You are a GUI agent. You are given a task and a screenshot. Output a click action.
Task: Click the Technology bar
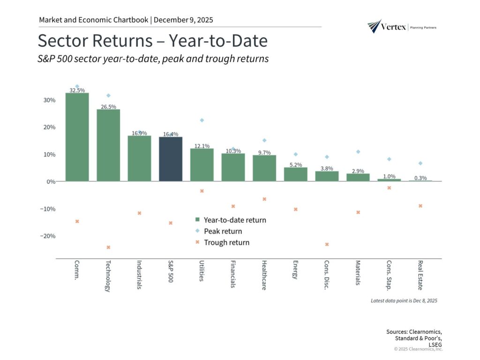[108, 145]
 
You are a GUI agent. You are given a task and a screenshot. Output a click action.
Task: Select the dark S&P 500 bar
[171, 159]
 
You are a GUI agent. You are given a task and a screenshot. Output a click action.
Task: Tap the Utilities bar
[202, 165]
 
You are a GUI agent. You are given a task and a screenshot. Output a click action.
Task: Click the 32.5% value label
[77, 90]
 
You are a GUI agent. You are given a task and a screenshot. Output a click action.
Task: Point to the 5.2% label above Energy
[295, 165]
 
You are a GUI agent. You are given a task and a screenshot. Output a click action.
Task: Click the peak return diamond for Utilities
[202, 120]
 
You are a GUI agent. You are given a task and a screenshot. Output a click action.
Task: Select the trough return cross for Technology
[108, 247]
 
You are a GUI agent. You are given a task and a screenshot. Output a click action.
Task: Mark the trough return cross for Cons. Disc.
[327, 244]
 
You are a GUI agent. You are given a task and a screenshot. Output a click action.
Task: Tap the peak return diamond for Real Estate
[420, 163]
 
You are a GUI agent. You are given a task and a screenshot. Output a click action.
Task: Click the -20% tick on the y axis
[47, 236]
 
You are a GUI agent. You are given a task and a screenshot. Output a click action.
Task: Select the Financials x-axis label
[233, 274]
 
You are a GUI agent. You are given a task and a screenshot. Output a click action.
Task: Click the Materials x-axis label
[358, 273]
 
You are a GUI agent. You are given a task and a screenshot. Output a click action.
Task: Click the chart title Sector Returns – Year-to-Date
[152, 41]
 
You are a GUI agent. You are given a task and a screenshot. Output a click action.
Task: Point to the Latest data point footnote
[404, 300]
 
